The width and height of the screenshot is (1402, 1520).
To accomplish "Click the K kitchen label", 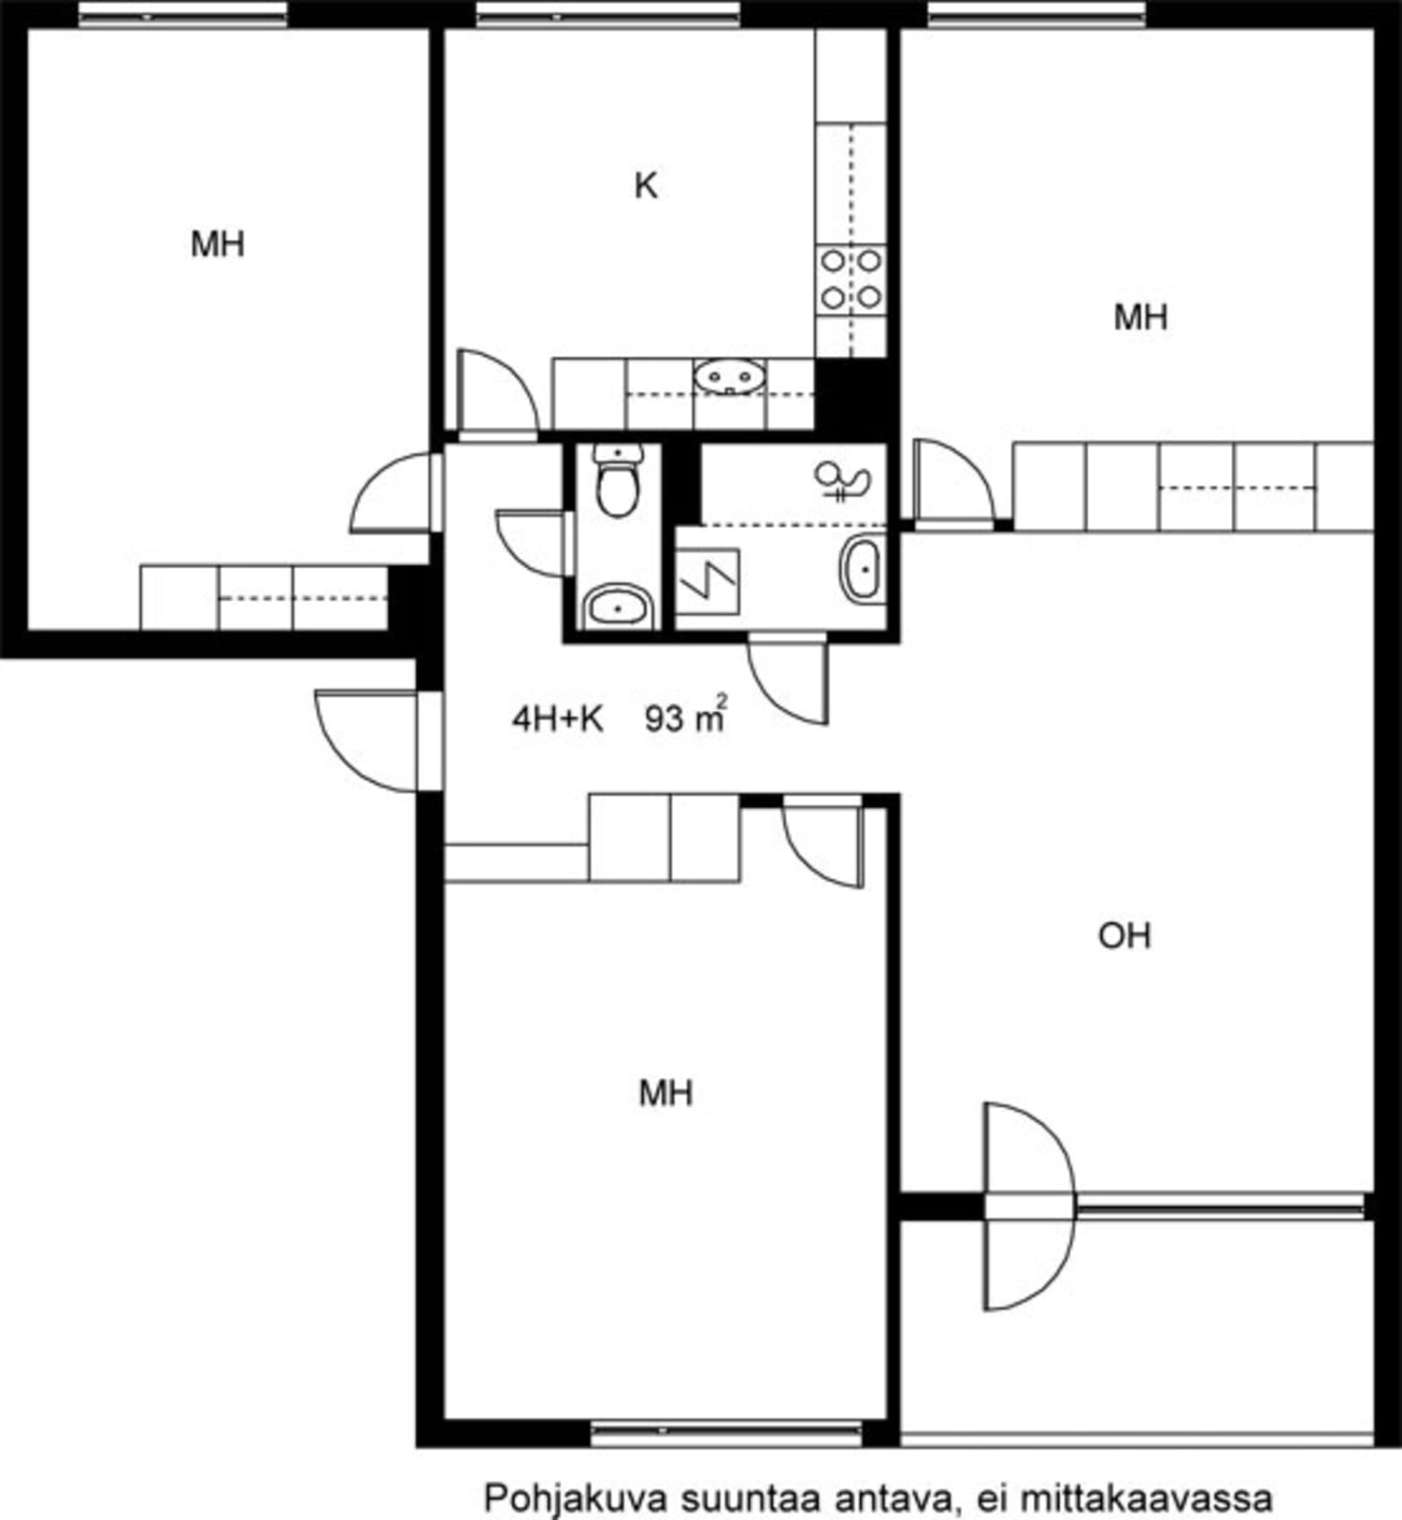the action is (646, 186).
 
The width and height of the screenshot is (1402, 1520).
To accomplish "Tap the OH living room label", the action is (1124, 935).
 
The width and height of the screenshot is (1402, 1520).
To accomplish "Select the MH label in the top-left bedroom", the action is (218, 245).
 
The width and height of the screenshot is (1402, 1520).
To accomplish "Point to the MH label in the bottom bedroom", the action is (665, 1092).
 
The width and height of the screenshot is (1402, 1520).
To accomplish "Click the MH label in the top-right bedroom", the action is (1140, 318).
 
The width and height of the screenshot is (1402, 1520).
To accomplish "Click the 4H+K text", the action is (557, 718).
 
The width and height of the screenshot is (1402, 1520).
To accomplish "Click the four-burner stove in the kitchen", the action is (851, 278).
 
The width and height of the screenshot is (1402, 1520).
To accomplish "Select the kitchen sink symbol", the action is (729, 377).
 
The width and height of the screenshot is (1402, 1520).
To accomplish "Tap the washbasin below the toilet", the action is (618, 608).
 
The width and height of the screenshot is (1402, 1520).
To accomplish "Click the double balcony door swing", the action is (1028, 1206).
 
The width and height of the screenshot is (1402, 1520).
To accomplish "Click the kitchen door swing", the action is (495, 392).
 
